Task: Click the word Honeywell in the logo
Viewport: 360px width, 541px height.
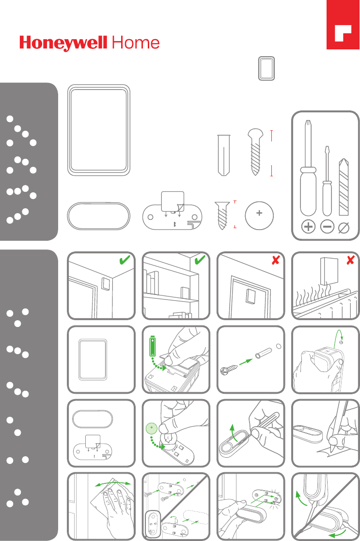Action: click(63, 43)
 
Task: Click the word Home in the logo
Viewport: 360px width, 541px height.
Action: click(136, 43)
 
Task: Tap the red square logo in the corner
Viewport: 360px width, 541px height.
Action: click(343, 25)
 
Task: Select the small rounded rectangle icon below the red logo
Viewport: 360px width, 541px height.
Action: click(266, 69)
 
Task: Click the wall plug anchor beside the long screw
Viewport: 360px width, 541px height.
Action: click(224, 155)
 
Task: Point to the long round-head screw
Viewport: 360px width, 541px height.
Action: click(256, 152)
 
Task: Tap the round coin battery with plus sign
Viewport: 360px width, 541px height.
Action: click(259, 216)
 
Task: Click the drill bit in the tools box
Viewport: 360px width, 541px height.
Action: click(344, 186)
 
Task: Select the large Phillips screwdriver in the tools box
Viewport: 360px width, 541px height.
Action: click(308, 168)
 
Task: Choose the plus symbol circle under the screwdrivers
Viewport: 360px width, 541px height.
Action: click(308, 227)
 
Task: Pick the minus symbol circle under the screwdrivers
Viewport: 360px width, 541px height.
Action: click(327, 227)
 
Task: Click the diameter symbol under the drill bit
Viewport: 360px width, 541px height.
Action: click(344, 227)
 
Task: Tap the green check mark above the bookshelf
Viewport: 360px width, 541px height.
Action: click(200, 260)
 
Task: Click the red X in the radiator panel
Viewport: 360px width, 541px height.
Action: click(350, 260)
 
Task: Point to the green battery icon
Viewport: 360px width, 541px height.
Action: click(153, 347)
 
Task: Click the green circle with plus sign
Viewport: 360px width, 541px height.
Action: click(152, 428)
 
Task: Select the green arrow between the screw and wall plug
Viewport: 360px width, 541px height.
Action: click(245, 362)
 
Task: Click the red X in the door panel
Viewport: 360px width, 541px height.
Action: click(275, 260)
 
